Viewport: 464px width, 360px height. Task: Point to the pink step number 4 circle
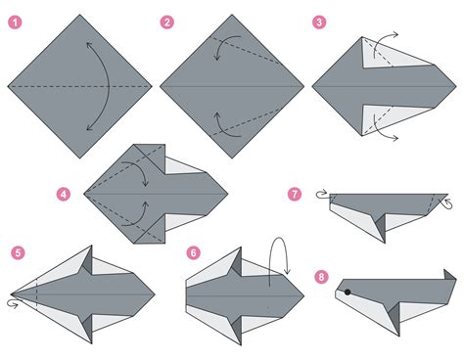point(64,195)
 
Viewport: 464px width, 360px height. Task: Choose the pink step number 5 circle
point(17,253)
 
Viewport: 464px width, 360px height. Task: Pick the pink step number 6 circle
point(194,252)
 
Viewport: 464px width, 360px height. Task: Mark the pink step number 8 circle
point(319,277)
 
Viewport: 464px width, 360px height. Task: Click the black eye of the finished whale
point(347,292)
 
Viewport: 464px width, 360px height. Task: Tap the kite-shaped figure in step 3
point(377,87)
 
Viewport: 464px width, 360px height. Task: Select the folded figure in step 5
point(88,292)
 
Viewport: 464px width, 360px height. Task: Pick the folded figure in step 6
point(245,292)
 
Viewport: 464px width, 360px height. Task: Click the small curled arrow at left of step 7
point(322,194)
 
